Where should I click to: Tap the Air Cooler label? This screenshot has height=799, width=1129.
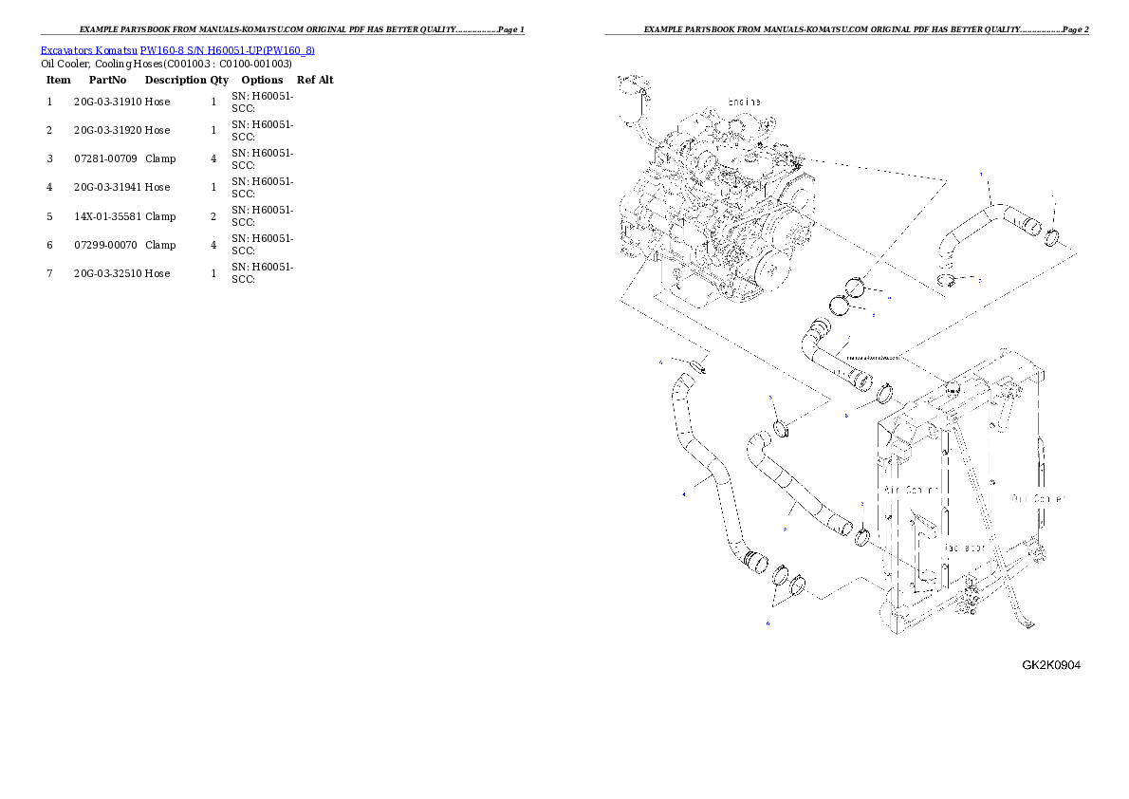click(912, 490)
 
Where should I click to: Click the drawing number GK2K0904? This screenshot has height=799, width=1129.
click(1050, 664)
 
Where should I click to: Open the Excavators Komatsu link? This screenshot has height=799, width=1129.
click(89, 49)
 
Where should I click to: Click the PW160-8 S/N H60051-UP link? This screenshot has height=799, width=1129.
click(228, 49)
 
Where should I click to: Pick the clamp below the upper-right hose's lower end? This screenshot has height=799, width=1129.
click(947, 279)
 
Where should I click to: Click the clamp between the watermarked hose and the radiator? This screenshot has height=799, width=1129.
click(886, 391)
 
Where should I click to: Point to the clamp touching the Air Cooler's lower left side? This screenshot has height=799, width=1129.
click(861, 538)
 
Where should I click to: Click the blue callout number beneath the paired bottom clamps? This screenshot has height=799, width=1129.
click(768, 623)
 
